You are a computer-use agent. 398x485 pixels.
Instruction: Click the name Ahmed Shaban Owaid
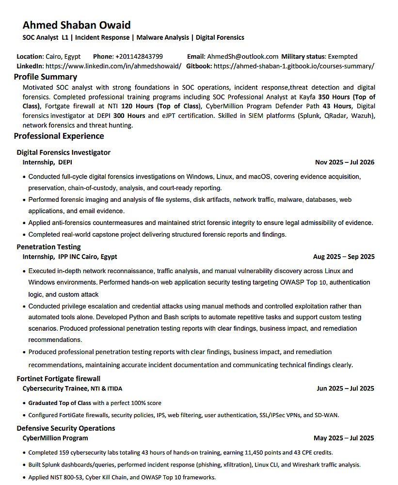pyautogui.click(x=77, y=25)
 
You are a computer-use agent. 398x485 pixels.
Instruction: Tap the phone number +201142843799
pyautogui.click(x=139, y=56)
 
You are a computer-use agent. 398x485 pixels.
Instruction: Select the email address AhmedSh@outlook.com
pyautogui.click(x=243, y=56)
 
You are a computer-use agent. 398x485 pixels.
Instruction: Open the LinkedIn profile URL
pyautogui.click(x=113, y=66)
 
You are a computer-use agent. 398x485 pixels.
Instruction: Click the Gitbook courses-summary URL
pyautogui.click(x=294, y=66)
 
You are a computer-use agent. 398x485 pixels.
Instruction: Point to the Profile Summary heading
pyautogui.click(x=46, y=77)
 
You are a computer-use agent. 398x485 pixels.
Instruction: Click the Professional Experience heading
pyautogui.click(x=59, y=136)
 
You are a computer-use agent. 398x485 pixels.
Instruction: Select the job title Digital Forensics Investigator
pyautogui.click(x=64, y=152)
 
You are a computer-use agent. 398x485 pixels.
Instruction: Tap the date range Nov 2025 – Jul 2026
pyautogui.click(x=345, y=162)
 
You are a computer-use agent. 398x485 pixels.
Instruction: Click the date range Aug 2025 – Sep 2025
pyautogui.click(x=344, y=257)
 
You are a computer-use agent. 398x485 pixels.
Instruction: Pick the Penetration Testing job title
pyautogui.click(x=48, y=247)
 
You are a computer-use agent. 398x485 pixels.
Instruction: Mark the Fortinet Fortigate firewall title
pyautogui.click(x=59, y=378)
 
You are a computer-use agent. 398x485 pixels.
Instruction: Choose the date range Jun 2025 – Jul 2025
pyautogui.click(x=345, y=388)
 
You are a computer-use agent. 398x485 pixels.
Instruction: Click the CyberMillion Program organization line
pyautogui.click(x=55, y=438)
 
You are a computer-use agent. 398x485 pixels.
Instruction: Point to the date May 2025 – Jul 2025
pyautogui.click(x=344, y=438)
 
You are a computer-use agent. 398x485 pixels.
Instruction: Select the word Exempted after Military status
pyautogui.click(x=342, y=56)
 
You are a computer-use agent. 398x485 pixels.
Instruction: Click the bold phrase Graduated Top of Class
pyautogui.click(x=60, y=403)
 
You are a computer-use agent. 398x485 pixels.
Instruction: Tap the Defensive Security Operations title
pyautogui.click(x=66, y=428)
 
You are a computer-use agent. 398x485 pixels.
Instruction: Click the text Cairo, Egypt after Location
pyautogui.click(x=63, y=56)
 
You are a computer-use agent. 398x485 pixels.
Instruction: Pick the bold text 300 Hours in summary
pyautogui.click(x=129, y=115)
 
